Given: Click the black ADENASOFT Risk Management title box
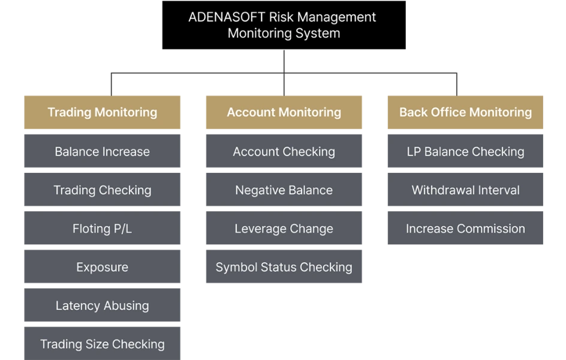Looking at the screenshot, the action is (x=284, y=25).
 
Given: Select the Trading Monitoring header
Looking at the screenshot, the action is (x=102, y=112).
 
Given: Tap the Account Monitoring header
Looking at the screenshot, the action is (x=284, y=112).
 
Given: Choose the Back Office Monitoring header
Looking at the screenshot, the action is (x=465, y=112).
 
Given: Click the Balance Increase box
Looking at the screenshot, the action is (x=102, y=151).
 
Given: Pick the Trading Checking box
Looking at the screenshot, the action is (x=102, y=190).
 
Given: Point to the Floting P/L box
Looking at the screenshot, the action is (x=102, y=228).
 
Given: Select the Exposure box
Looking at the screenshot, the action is (x=102, y=266).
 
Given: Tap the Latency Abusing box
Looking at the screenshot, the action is (x=102, y=305).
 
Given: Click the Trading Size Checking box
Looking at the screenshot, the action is (x=102, y=343).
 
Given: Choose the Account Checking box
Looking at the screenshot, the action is (x=284, y=151).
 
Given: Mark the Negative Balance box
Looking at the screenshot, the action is (x=284, y=190).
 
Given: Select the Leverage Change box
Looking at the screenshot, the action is (x=284, y=228).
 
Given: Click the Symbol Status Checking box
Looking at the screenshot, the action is (x=284, y=266).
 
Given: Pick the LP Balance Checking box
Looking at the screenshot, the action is (x=465, y=151).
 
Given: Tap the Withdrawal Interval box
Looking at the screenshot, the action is (x=465, y=190).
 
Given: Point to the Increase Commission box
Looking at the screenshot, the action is (x=465, y=228).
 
